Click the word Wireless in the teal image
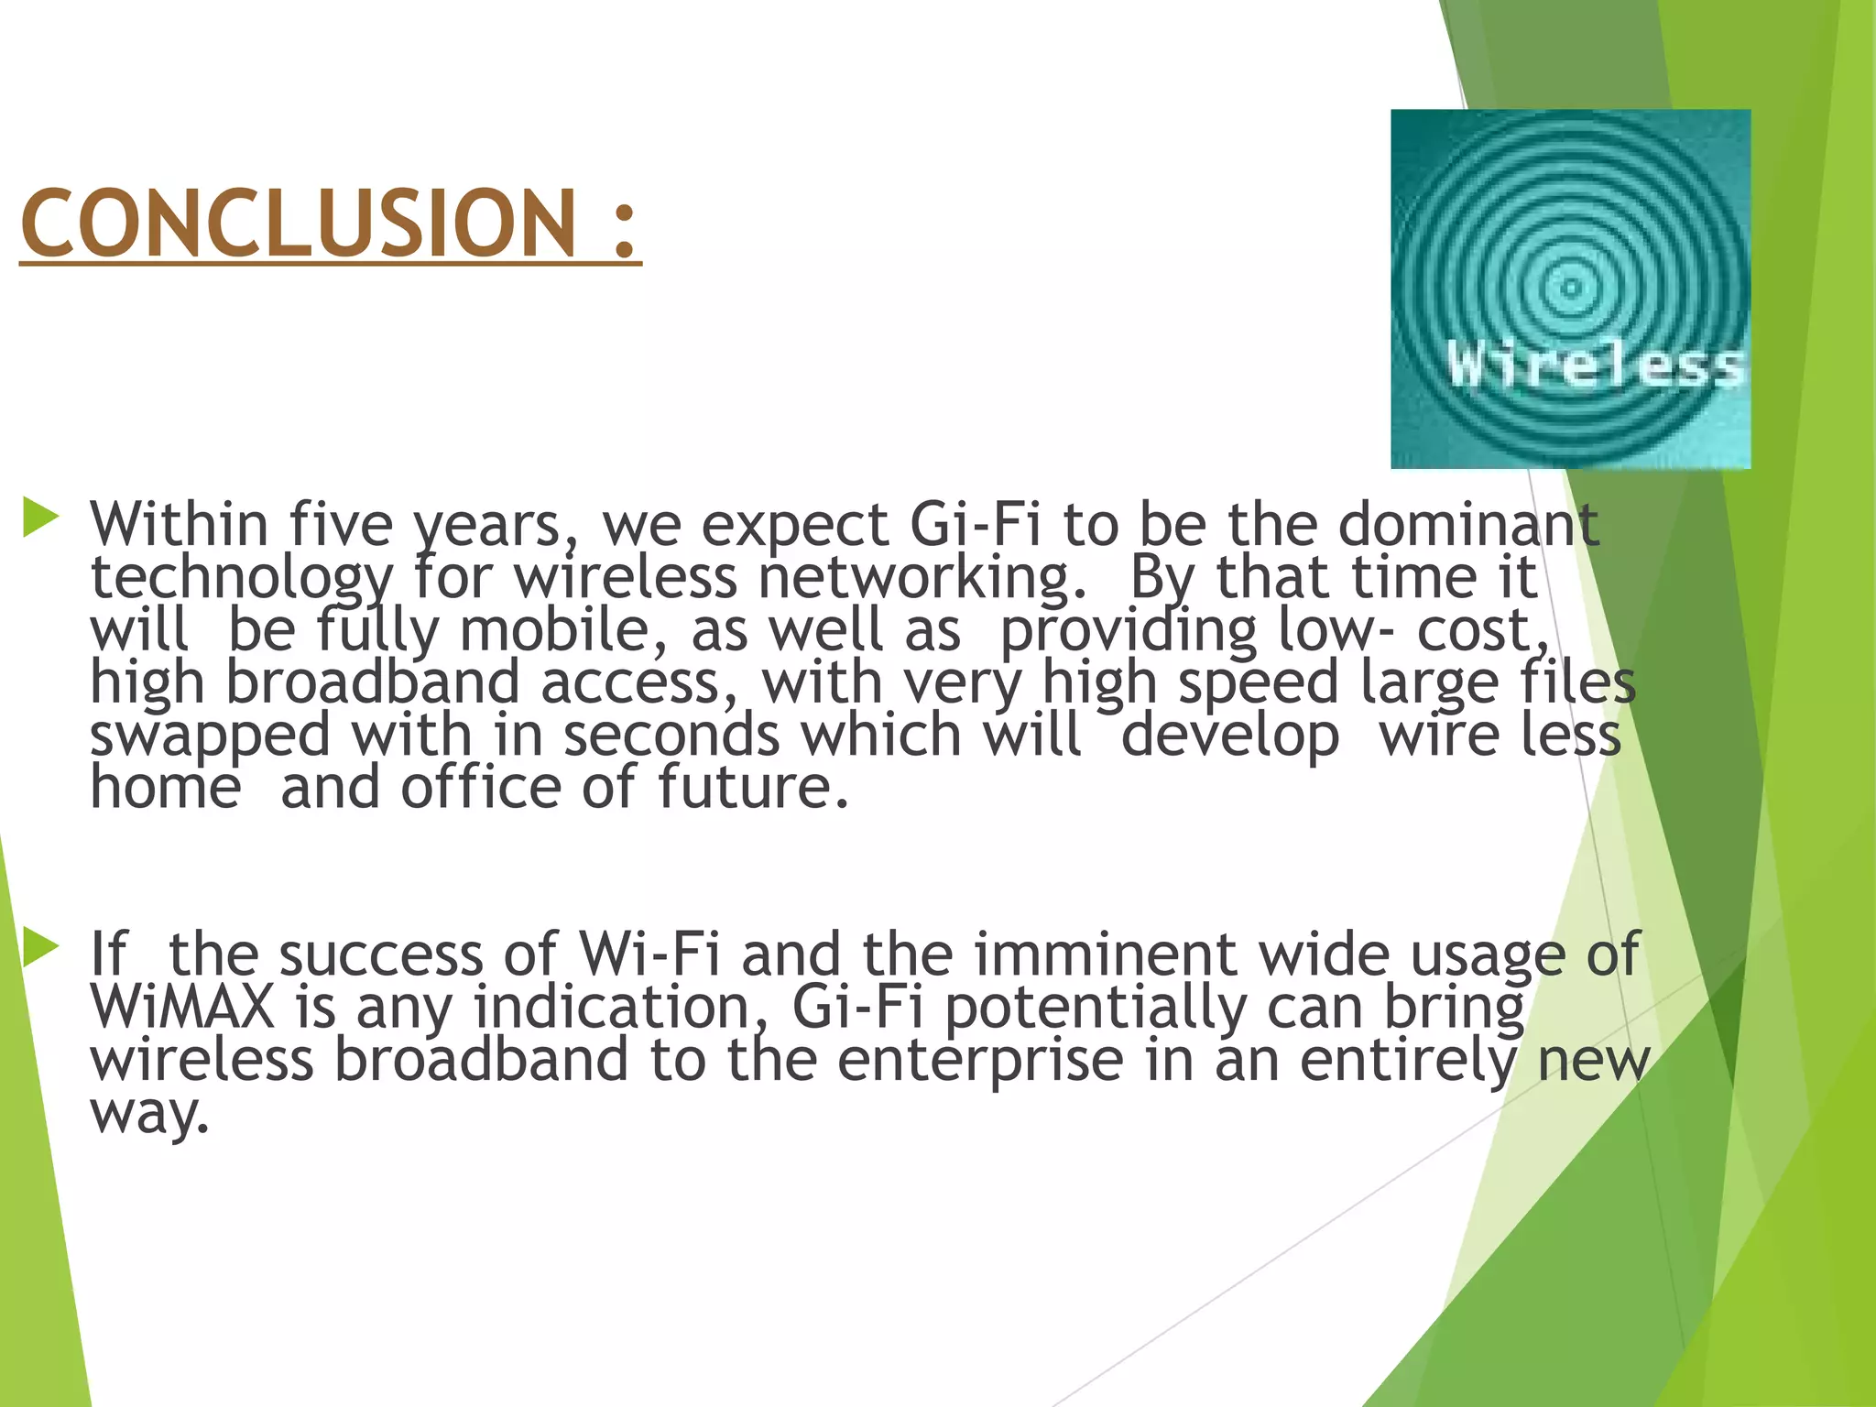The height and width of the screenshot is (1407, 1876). click(1595, 365)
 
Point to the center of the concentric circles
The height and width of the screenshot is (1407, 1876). click(1571, 288)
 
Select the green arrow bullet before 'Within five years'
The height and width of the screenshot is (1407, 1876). click(40, 518)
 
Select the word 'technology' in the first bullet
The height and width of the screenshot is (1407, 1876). click(241, 579)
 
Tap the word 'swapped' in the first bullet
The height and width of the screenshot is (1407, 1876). click(210, 736)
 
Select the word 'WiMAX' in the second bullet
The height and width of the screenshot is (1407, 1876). click(182, 1007)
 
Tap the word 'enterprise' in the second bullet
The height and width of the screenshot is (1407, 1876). click(979, 1060)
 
